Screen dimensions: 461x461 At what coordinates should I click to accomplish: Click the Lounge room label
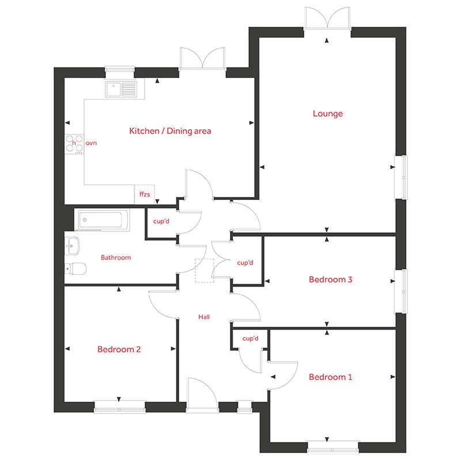[x=327, y=114]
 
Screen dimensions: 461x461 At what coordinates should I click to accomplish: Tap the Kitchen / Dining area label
[x=170, y=131]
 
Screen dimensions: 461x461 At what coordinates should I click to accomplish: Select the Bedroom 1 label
[x=330, y=377]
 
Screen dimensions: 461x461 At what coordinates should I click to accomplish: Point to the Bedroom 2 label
[x=119, y=349]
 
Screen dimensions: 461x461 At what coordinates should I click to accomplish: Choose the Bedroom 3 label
[x=330, y=280]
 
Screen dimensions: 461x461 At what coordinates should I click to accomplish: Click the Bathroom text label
[x=116, y=258]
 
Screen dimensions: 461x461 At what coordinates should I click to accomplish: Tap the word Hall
[x=204, y=316]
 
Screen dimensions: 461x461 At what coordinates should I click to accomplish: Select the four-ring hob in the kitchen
[x=74, y=143]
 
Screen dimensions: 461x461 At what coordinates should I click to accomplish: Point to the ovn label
[x=90, y=142]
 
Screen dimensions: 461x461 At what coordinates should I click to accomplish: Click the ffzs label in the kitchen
[x=145, y=195]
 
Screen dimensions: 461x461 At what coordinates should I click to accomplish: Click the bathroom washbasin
[x=71, y=245]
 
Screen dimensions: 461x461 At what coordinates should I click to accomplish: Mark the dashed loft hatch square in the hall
[x=205, y=270]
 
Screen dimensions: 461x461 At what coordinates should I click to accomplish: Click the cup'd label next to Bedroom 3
[x=245, y=263]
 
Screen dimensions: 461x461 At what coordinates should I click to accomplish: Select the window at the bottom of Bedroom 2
[x=119, y=407]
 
